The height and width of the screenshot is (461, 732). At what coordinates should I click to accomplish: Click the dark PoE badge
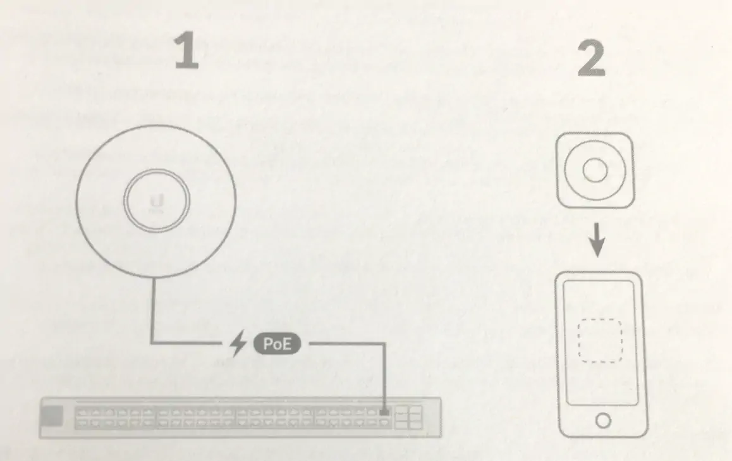tap(276, 344)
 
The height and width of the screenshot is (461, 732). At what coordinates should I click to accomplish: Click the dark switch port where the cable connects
tap(384, 413)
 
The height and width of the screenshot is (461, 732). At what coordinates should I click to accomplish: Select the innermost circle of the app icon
tap(594, 170)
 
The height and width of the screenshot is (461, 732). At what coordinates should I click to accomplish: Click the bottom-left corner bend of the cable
tap(152, 343)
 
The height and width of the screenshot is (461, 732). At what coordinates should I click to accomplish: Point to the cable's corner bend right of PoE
tap(384, 344)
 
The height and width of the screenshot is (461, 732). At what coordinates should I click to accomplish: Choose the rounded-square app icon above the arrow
tap(594, 170)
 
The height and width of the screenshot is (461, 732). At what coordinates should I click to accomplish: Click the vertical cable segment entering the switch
tap(384, 376)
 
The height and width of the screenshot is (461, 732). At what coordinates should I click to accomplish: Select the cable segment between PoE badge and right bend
tap(345, 344)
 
